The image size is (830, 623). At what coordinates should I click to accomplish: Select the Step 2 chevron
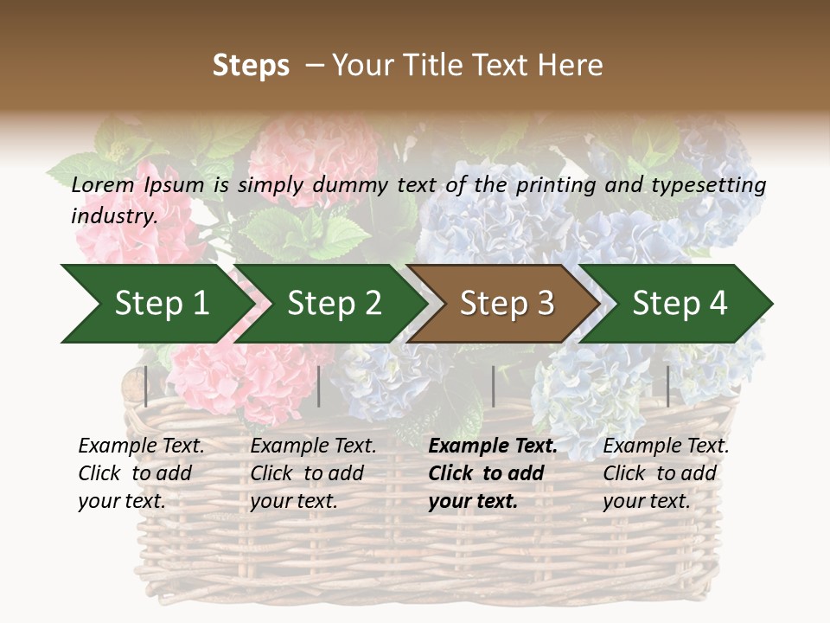coord(334,304)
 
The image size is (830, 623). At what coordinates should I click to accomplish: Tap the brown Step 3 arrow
coord(507,304)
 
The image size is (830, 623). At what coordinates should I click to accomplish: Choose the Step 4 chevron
coord(680,304)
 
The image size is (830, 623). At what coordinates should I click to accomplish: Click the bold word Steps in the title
coord(251,66)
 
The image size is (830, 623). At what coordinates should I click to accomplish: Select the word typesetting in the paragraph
coord(711,184)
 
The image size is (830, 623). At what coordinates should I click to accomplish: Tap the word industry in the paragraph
coord(113,215)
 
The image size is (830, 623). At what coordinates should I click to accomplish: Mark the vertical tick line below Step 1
coord(146,386)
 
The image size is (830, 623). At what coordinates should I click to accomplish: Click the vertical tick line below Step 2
coord(319,386)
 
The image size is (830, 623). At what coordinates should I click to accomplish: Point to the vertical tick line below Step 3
coord(493,386)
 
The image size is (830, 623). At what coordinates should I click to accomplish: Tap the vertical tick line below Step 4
coord(667,386)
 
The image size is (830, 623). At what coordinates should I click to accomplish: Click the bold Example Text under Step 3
coord(493,446)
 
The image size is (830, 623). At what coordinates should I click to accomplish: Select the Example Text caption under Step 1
coord(141,446)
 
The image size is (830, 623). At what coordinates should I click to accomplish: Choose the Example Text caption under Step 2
coord(313,446)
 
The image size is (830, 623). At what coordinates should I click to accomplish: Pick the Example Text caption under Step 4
coord(666,446)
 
